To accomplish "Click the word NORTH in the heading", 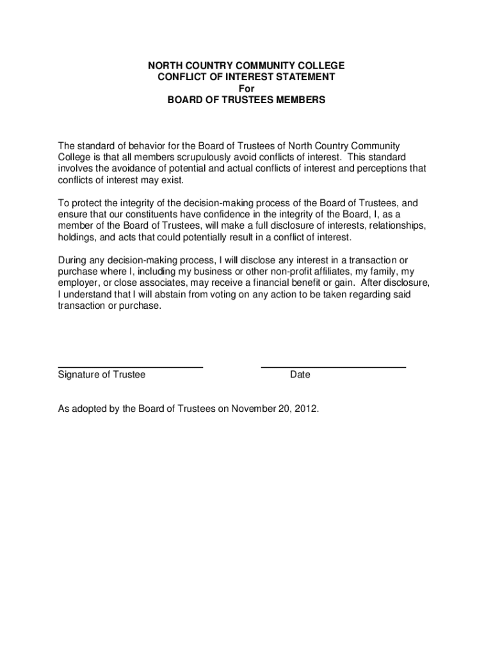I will tap(163, 66).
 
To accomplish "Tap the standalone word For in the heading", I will tap(246, 88).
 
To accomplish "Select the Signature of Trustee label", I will tap(102, 375).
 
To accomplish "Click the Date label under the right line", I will tap(300, 375).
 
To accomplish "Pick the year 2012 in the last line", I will tap(306, 409).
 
